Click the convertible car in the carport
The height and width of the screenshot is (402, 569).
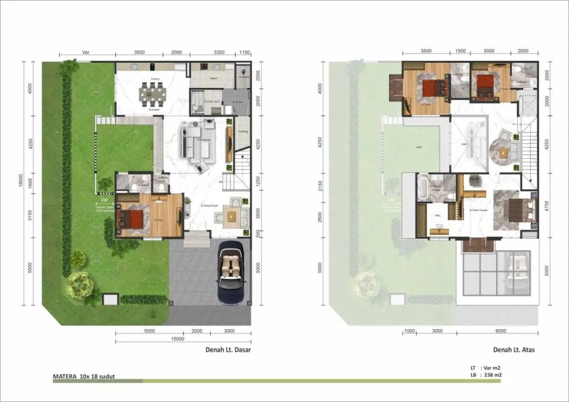click(230, 273)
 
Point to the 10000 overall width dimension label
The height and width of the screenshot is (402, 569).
click(177, 339)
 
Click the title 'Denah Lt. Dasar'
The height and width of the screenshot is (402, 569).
click(228, 350)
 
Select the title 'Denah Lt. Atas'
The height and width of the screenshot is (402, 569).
click(514, 350)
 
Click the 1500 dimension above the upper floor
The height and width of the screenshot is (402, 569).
click(460, 51)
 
